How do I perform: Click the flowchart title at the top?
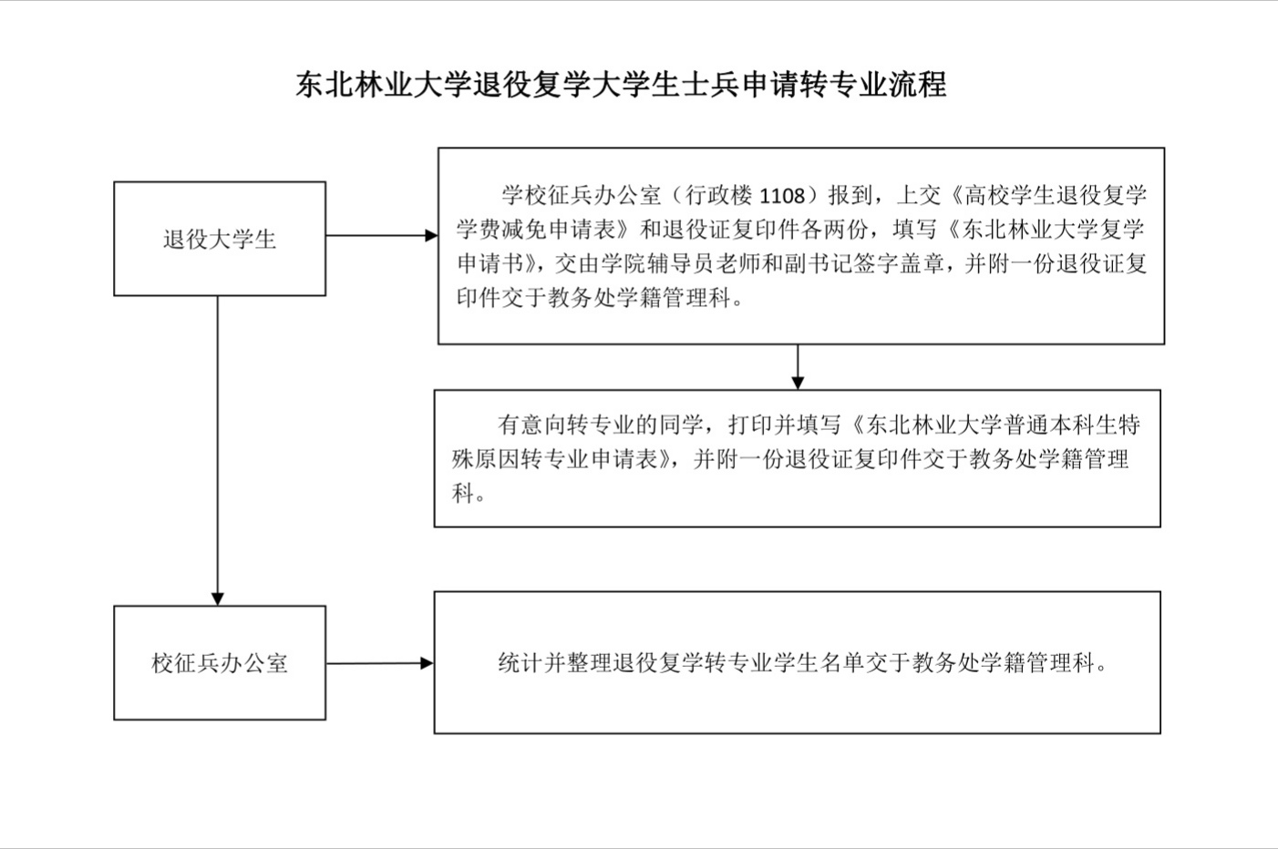pos(621,86)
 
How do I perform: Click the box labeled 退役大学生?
pos(220,239)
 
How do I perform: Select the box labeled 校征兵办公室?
pos(220,662)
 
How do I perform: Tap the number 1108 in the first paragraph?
pos(782,196)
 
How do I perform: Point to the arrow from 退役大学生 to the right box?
pos(382,235)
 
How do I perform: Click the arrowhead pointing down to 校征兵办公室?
pos(217,598)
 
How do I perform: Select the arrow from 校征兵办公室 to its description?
pos(379,663)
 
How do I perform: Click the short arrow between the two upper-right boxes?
pos(798,367)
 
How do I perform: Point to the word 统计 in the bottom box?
pos(520,662)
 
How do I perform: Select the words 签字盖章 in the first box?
pos(899,264)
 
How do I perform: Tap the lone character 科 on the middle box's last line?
pos(463,494)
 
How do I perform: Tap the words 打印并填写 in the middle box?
pos(785,424)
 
